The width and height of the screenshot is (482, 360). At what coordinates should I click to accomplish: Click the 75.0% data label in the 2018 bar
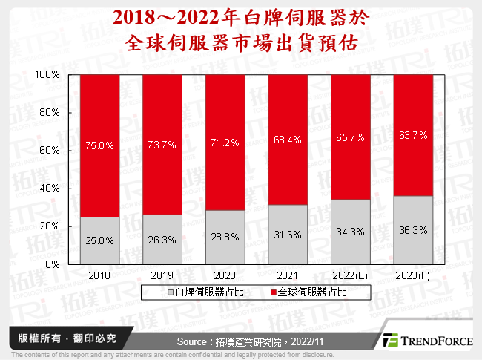[x=100, y=146]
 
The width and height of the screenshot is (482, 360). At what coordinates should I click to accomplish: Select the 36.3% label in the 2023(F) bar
[x=412, y=230]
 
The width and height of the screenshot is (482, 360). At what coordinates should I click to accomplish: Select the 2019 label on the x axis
[x=162, y=275]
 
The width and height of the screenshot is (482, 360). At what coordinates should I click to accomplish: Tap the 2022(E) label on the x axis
[x=349, y=275]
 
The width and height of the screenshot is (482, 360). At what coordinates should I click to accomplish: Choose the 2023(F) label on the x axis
[x=412, y=275]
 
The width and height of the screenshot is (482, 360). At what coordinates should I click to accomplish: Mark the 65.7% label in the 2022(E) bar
[x=350, y=146]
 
